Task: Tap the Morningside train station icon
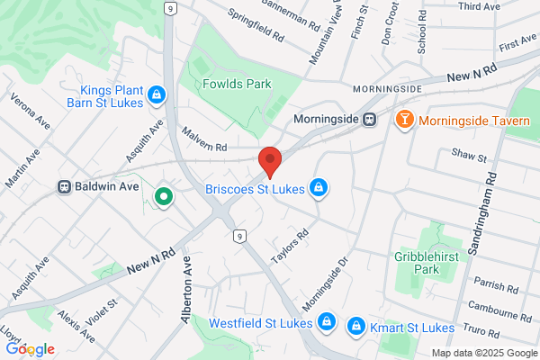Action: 370,119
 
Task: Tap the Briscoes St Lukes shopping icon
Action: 317,187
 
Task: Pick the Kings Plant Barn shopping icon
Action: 157,93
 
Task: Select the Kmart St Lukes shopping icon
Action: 356,325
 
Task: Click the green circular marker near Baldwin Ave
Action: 163,195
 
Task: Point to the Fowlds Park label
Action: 213,85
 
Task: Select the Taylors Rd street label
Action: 291,246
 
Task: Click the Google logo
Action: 30,348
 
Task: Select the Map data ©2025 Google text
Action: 482,353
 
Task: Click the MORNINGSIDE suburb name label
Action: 386,90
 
